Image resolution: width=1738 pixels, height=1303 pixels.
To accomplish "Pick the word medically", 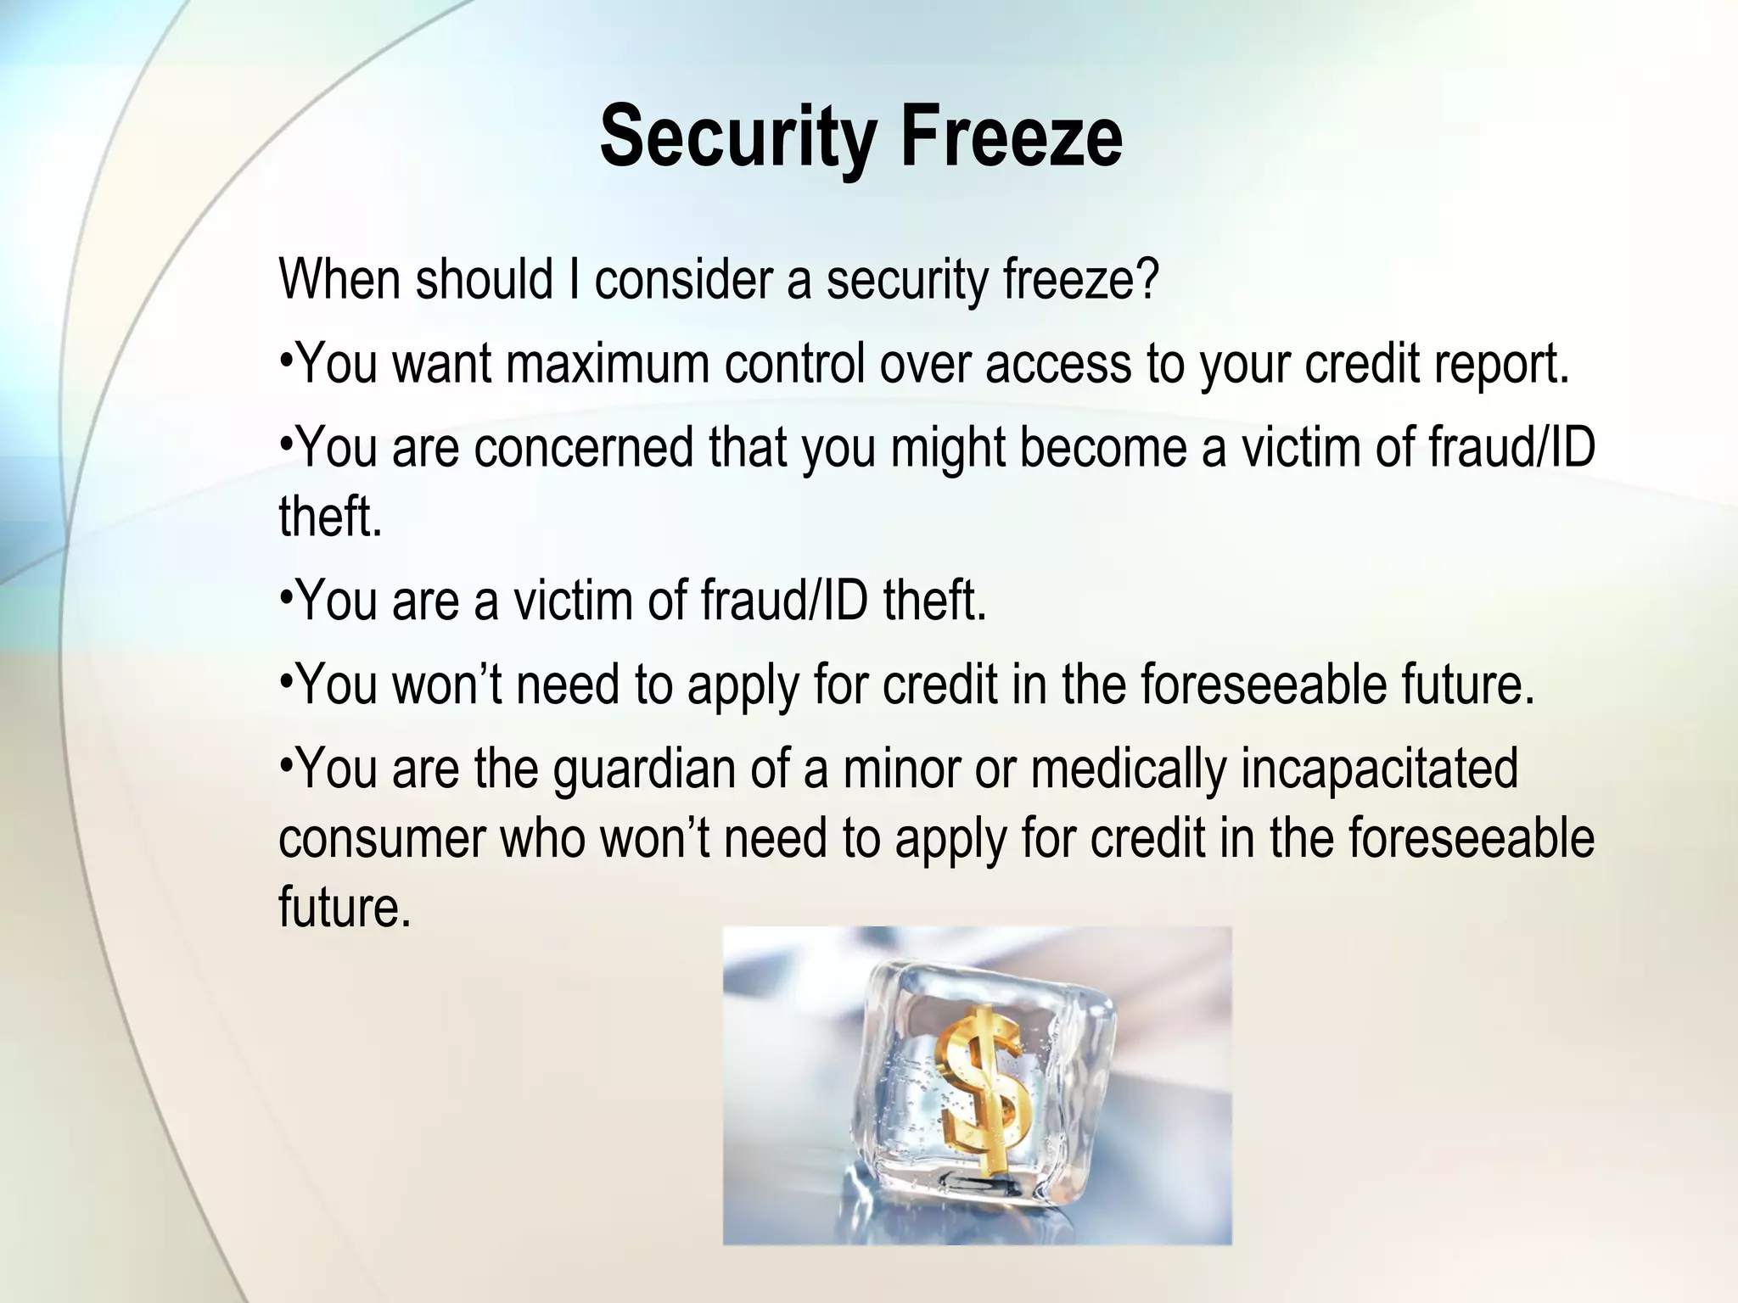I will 1129,770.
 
